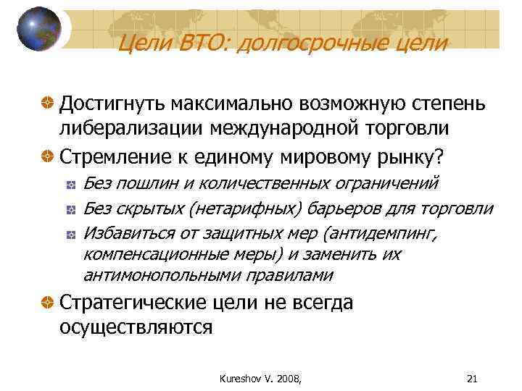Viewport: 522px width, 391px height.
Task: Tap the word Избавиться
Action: click(x=125, y=234)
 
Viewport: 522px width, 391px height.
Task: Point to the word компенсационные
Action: click(x=141, y=255)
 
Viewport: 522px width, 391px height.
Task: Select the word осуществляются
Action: click(x=136, y=327)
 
